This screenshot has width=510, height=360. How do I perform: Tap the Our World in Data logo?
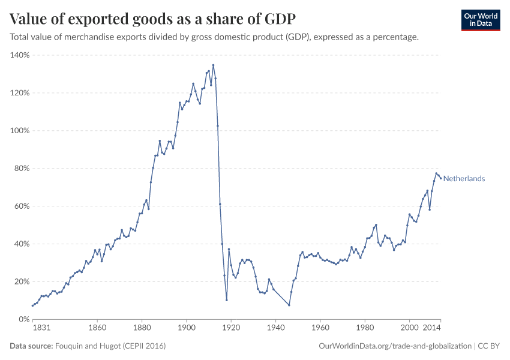(x=480, y=20)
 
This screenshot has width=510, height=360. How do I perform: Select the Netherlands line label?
(x=464, y=179)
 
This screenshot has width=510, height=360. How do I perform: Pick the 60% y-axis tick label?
(x=22, y=206)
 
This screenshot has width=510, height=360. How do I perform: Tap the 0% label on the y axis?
(x=24, y=319)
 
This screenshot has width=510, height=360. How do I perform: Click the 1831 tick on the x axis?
(x=41, y=328)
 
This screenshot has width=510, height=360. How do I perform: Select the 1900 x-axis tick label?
(x=187, y=328)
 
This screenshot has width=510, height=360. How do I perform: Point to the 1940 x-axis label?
(x=275, y=328)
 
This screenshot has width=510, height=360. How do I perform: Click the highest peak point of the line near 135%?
(x=213, y=65)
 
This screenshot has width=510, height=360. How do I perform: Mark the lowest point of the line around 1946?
(x=289, y=305)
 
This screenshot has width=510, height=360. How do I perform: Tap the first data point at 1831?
(x=32, y=305)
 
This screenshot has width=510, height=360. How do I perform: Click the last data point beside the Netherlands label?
(x=440, y=178)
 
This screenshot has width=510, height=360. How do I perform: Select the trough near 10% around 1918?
(x=227, y=300)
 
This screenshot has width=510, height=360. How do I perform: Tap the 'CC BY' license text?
(x=489, y=346)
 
